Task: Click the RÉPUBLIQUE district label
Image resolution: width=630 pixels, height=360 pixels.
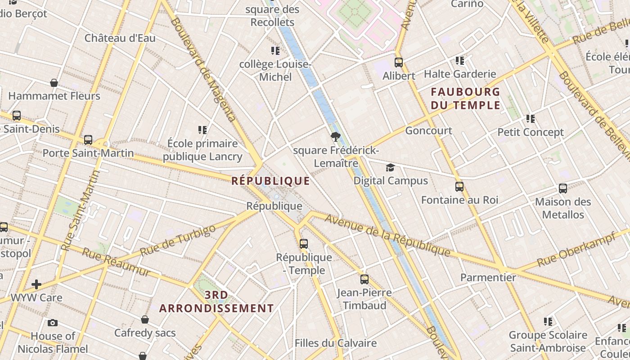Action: (270, 181)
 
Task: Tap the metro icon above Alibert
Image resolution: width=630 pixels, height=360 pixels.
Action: (399, 63)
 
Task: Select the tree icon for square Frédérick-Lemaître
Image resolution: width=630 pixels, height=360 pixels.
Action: (335, 137)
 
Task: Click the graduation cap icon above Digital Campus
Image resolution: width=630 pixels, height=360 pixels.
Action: (390, 168)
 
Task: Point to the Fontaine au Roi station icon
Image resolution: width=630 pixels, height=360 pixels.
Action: (459, 186)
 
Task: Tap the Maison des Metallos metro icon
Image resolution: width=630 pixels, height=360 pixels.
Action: (563, 189)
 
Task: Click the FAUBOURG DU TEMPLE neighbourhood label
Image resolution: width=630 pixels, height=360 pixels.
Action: (465, 99)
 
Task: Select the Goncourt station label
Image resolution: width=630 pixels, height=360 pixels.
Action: (428, 130)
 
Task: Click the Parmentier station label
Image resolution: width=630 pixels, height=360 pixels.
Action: (488, 277)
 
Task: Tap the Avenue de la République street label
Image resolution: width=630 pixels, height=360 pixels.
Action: (387, 235)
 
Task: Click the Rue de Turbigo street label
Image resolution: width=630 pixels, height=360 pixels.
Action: (178, 241)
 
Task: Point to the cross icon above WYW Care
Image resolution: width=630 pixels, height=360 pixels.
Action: (36, 284)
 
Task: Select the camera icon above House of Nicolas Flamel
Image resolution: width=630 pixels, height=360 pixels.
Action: (53, 323)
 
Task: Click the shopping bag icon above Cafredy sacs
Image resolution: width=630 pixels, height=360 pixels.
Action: (145, 319)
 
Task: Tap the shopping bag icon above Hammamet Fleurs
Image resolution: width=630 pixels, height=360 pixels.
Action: (54, 83)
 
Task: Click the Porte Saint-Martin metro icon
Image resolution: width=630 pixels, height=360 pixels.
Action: (88, 140)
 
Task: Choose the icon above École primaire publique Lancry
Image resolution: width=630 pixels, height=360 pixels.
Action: (202, 130)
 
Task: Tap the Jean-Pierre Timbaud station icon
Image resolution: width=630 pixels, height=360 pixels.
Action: (364, 279)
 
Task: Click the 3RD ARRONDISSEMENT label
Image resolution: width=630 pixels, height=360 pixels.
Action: (216, 302)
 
